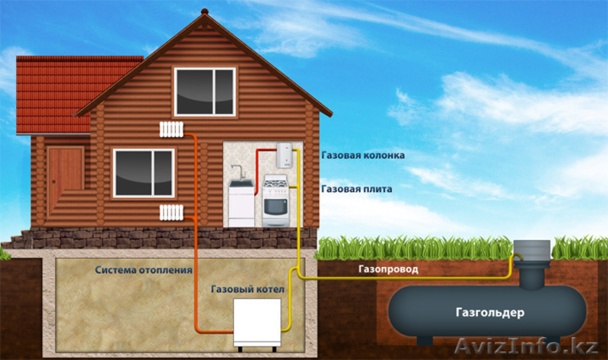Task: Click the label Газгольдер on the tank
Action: pos(490,312)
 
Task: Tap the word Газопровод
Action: pos(388,269)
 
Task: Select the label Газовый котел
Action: pos(247,289)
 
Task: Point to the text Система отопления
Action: pos(144,270)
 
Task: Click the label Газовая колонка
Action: pos(363,155)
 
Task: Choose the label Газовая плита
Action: pos(357,189)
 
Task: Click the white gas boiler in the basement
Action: pos(257,324)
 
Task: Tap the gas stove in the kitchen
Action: pos(275,201)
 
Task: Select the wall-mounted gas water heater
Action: pos(285,155)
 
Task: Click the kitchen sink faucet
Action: pos(238,172)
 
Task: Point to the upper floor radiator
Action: pos(171,129)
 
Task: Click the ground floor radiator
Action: pos(171,212)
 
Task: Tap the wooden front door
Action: pos(65,174)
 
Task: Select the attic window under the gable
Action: pos(205,92)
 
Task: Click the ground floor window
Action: pos(144,173)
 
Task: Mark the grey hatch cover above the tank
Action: pos(532,250)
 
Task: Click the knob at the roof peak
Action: pos(205,11)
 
